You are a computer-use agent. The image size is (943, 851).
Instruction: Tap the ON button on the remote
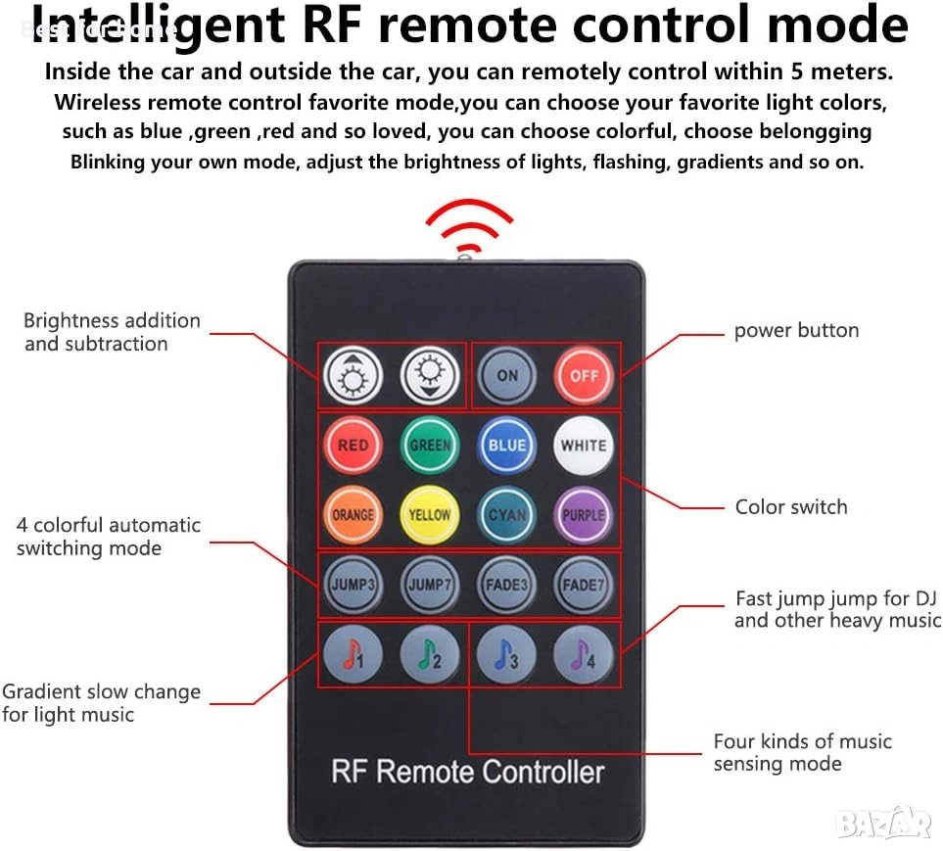pos(507,375)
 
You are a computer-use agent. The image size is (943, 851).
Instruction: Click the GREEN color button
pos(430,445)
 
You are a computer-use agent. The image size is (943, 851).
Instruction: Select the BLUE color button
pos(507,445)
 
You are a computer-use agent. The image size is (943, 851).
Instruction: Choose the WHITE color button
pos(584,445)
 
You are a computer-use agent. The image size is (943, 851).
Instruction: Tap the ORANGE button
pos(353,514)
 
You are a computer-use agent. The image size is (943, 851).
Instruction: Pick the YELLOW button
pos(430,514)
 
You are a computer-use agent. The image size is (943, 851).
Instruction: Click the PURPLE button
pos(584,514)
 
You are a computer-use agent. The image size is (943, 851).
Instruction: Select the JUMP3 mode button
pos(353,585)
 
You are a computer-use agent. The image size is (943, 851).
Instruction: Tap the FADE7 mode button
pos(584,585)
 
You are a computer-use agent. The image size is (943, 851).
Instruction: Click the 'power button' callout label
pos(796,331)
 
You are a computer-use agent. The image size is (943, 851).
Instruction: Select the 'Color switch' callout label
pos(791,507)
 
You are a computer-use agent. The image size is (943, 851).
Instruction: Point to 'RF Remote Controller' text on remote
pos(468,771)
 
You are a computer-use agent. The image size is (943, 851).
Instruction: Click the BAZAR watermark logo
pos(884,822)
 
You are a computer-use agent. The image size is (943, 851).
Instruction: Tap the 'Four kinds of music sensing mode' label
pos(802,753)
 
